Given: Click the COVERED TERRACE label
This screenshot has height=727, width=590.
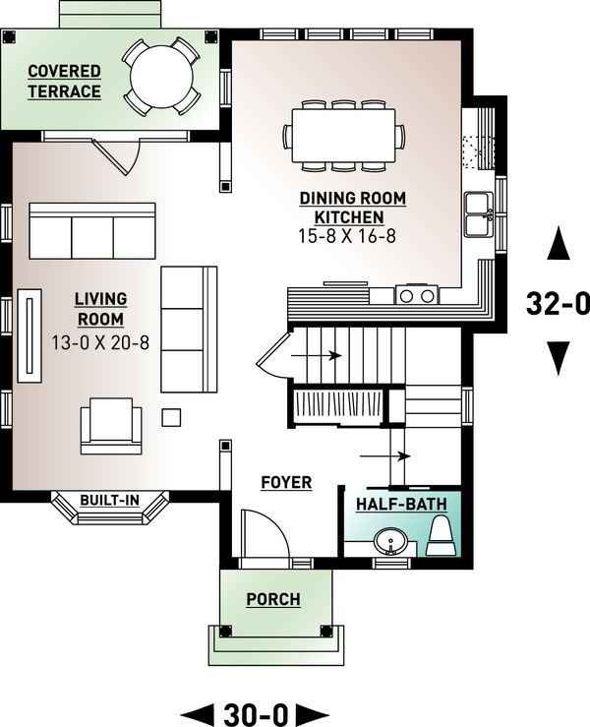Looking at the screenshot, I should tap(64, 82).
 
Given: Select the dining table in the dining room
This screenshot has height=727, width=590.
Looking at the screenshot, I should tap(344, 132).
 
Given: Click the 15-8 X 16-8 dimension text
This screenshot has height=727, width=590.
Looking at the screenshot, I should tap(352, 236).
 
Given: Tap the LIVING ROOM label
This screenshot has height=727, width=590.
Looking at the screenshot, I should tap(99, 308).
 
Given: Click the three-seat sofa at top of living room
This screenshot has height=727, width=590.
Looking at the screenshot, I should tap(92, 233).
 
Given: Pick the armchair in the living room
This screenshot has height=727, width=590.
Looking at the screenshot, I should tap(110, 424).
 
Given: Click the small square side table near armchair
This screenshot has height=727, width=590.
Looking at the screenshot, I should tap(171, 417).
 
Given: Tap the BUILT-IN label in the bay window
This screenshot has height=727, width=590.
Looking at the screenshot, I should tap(109, 501).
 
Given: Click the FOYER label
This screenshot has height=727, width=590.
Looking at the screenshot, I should tap(286, 482).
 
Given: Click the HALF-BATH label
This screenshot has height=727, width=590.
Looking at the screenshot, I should tap(400, 504).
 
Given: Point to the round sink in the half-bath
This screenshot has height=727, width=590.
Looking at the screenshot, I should tap(391, 543).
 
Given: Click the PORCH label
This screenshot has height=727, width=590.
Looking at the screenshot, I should tap(273, 599).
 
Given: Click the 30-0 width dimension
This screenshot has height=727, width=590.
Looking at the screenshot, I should tap(256, 710).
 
